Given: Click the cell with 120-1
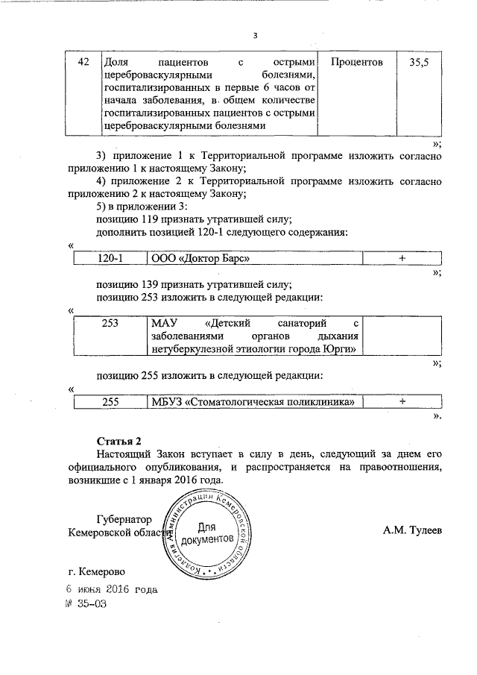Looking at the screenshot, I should (x=110, y=258).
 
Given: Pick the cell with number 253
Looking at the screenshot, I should (x=110, y=324).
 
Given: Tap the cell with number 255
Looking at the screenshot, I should (x=110, y=402).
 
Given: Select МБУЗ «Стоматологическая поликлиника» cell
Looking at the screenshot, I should (x=251, y=402).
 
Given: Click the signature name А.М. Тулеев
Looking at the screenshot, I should (x=412, y=531).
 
